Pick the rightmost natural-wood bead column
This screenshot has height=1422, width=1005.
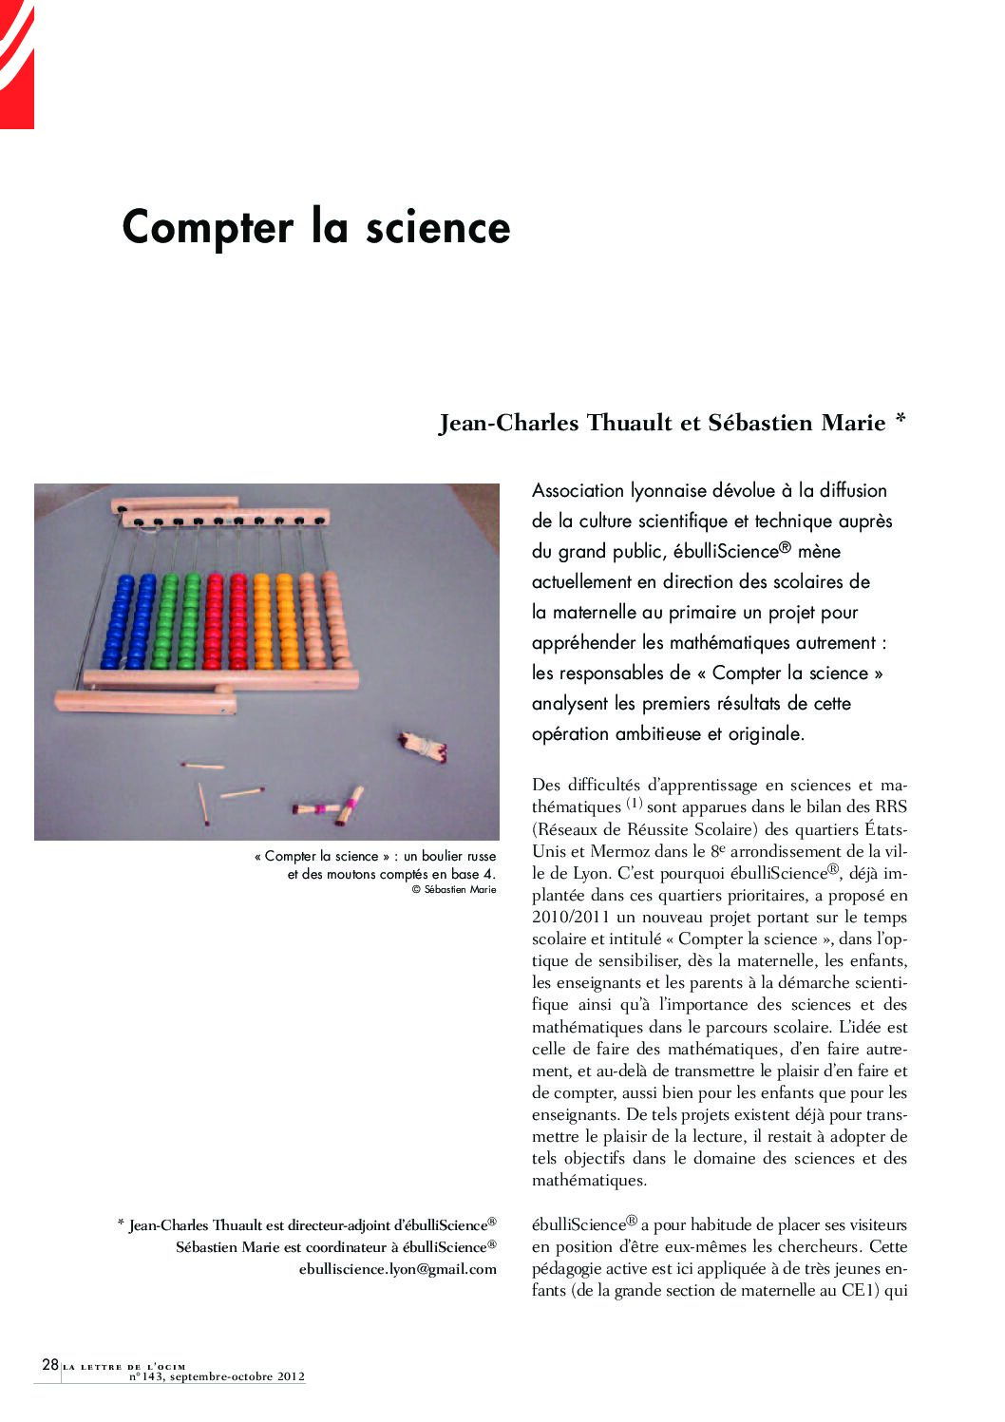(330, 620)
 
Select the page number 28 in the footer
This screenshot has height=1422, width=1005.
(50, 1364)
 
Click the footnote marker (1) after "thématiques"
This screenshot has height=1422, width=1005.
(635, 805)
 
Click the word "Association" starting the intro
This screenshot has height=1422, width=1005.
(578, 491)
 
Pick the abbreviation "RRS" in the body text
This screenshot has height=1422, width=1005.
(891, 807)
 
